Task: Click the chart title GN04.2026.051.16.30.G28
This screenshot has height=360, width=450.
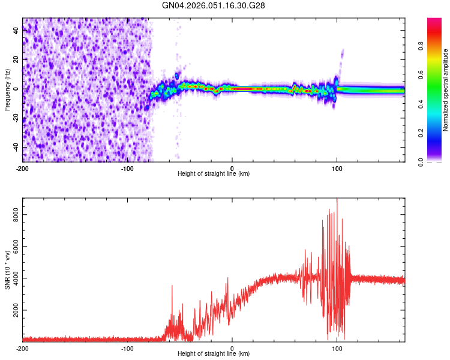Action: coord(214,5)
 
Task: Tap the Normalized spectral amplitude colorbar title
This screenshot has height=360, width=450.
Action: coord(446,90)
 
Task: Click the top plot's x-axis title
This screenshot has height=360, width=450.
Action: coord(214,174)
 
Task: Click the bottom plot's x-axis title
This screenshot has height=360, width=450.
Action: coord(214,354)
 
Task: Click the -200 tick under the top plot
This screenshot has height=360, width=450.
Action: coord(23,167)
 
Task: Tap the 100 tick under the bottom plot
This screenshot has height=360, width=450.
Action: coord(337,348)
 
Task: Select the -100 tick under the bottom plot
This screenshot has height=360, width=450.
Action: coord(128,348)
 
